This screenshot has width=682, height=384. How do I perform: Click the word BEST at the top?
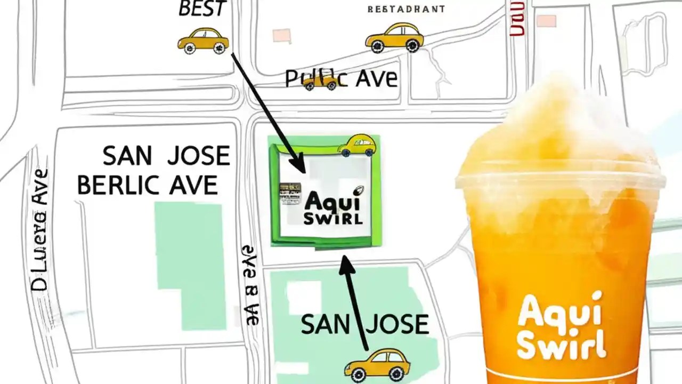tap(202, 9)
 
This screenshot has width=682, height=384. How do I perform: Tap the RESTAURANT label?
tap(406, 9)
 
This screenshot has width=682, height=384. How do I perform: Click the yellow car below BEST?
tap(203, 41)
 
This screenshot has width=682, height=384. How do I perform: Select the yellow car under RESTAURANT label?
tap(394, 37)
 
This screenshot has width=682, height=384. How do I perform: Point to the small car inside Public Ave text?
tap(321, 82)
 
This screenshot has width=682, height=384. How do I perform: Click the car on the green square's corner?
tap(356, 145)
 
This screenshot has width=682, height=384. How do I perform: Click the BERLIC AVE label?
tap(148, 185)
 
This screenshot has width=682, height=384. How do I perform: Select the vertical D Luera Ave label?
tap(40, 230)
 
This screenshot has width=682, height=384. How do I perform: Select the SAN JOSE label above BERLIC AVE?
tap(166, 156)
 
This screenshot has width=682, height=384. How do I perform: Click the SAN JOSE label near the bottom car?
tap(365, 324)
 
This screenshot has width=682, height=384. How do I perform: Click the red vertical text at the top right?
tap(516, 19)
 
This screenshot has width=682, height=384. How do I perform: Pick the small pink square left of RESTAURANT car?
tap(281, 36)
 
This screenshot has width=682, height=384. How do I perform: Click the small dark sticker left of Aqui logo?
tap(290, 195)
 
